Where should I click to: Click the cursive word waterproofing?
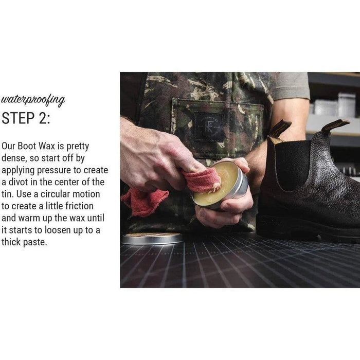(33, 100)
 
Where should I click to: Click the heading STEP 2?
(26, 118)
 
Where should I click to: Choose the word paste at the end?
(35, 242)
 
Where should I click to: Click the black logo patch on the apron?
(209, 127)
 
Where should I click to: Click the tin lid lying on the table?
(152, 238)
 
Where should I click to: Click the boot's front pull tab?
(279, 130)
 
